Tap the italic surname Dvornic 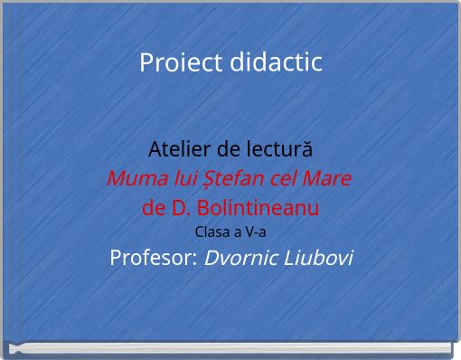point(238,258)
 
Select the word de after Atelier point(229,148)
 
